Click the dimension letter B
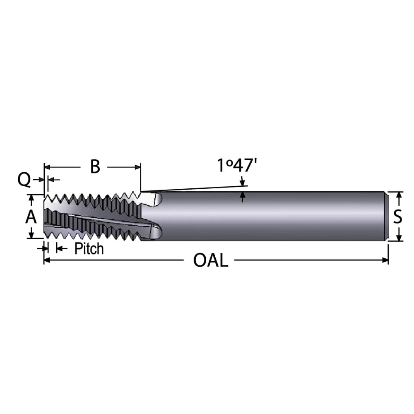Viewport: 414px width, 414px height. pyautogui.click(x=95, y=166)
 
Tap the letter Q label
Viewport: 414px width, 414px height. pyautogui.click(x=24, y=180)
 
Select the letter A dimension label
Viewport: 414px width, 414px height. pyautogui.click(x=31, y=217)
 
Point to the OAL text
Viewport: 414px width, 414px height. pyautogui.click(x=210, y=260)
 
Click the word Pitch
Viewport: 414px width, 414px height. pyautogui.click(x=89, y=248)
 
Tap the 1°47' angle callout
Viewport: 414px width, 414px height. pyautogui.click(x=237, y=166)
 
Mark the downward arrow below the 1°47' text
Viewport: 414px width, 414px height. pyautogui.click(x=242, y=182)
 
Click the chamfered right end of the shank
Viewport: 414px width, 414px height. pyautogui.click(x=387, y=216)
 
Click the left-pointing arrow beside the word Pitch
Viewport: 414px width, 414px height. pyautogui.click(x=59, y=248)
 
